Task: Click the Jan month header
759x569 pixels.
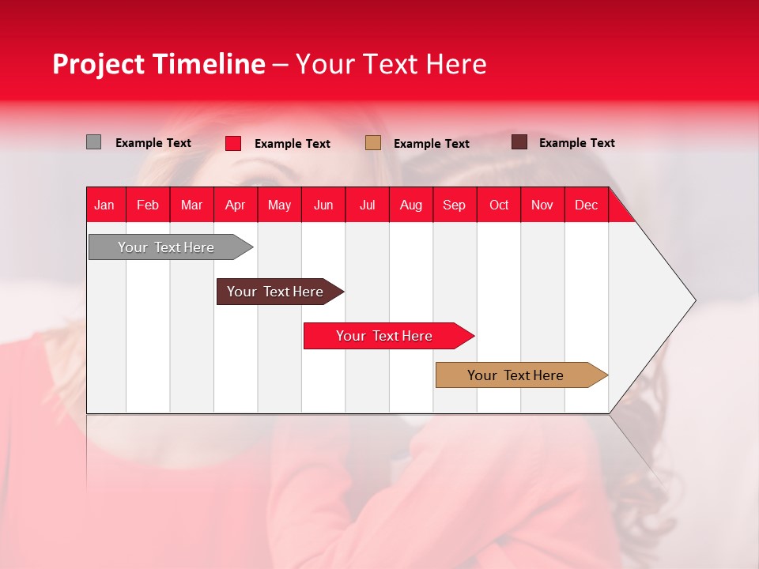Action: [x=105, y=205]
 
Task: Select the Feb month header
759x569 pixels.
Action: [x=148, y=205]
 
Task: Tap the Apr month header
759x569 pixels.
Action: [x=236, y=205]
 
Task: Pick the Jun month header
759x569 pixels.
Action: [x=323, y=205]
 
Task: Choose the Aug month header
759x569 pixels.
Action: [x=411, y=205]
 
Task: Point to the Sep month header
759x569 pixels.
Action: [x=455, y=205]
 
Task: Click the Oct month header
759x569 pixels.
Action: [x=499, y=205]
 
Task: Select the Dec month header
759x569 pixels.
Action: [x=587, y=205]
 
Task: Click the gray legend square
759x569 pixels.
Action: [x=94, y=142]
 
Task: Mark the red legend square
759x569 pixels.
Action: [x=233, y=143]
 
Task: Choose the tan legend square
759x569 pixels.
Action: [x=373, y=142]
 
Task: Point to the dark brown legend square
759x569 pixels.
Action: [x=519, y=142]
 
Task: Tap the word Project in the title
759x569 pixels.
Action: [x=98, y=64]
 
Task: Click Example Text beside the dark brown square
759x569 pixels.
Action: [x=576, y=143]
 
